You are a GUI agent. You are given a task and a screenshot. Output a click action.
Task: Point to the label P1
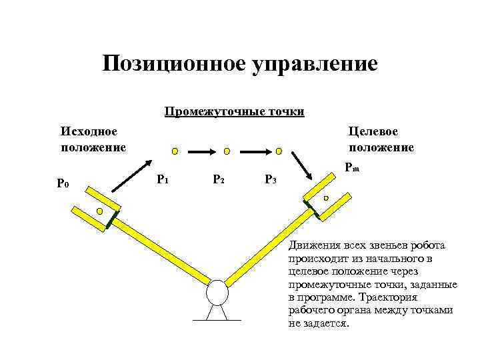162,179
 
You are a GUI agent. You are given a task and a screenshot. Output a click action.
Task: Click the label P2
218,179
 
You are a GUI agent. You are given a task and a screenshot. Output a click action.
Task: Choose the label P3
271,179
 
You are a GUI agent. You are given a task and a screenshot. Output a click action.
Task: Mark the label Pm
353,169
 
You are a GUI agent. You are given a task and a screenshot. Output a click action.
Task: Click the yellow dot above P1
174,151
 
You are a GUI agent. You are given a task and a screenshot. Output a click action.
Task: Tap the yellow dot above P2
227,151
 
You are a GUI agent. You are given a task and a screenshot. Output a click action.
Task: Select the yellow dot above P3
279,151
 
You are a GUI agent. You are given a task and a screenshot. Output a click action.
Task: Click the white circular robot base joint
217,291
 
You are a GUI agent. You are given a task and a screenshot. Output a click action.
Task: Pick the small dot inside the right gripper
326,199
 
